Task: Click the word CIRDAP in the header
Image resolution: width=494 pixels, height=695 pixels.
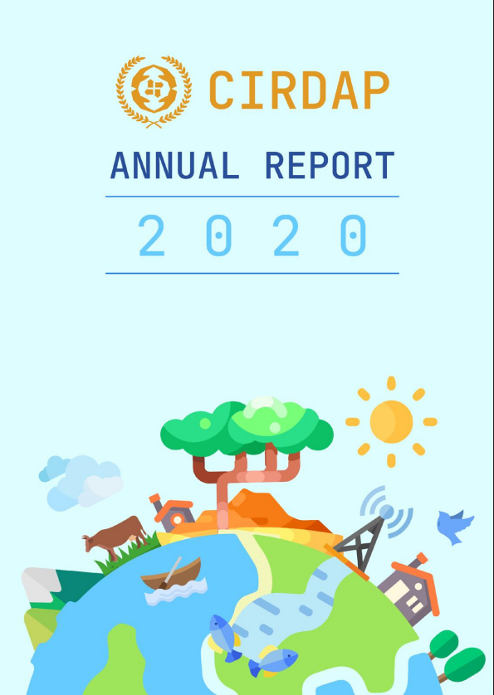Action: [x=299, y=90]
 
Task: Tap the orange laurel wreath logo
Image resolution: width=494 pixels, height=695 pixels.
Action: [x=154, y=92]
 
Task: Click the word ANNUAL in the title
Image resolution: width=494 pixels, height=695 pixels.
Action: [x=174, y=165]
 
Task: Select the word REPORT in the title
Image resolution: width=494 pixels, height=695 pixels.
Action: [x=330, y=165]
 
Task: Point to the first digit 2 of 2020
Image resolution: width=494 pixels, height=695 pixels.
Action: [x=152, y=236]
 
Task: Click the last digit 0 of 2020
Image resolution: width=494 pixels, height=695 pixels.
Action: [x=354, y=236]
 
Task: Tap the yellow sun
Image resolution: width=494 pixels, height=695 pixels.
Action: [x=391, y=422]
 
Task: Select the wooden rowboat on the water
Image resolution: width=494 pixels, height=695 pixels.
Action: [x=171, y=575]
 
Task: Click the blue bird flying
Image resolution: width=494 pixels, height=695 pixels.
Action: [x=453, y=527]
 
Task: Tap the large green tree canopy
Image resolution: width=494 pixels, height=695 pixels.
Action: [x=247, y=427]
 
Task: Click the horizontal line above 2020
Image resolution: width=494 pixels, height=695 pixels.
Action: [x=252, y=197]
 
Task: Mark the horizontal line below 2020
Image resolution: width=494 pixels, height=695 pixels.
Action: [x=252, y=274]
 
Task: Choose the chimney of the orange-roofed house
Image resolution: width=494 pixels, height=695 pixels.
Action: [x=421, y=559]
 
